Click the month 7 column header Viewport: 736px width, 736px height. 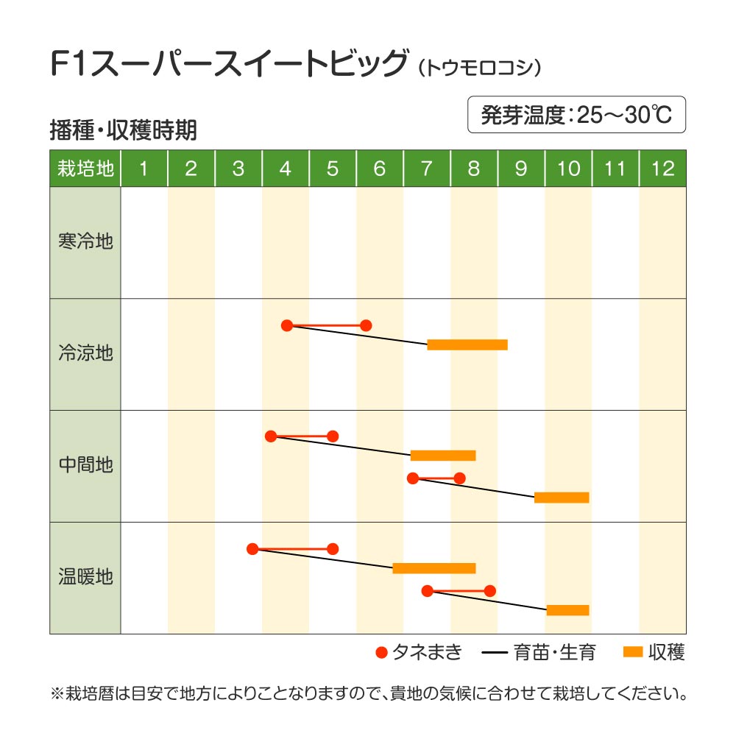pos(427,169)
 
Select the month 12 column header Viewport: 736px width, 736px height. pos(662,169)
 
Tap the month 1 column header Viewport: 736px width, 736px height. pos(144,169)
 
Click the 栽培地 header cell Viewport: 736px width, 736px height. pos(85,169)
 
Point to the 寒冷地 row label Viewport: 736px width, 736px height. pos(85,241)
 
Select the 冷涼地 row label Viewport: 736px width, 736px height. pos(85,353)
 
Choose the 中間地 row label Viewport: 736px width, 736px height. pos(85,465)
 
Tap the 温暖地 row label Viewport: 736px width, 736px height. pos(85,576)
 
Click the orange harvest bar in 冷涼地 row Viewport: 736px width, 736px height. pos(467,344)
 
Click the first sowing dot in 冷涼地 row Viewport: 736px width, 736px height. pos(287,325)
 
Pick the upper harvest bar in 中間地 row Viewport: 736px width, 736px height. pos(443,455)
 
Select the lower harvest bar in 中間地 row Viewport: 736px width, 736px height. pos(562,498)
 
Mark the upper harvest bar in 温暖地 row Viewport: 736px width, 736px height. pos(434,567)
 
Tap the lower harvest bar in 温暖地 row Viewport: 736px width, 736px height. pos(567,609)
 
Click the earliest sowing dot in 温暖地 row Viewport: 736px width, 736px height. pos(252,548)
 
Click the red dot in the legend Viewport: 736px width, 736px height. pos(381,652)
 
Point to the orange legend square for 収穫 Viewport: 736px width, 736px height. pos(633,652)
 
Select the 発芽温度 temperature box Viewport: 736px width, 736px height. pos(576,115)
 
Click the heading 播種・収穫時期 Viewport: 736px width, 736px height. pos(123,130)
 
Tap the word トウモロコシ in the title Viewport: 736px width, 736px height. pos(480,68)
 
